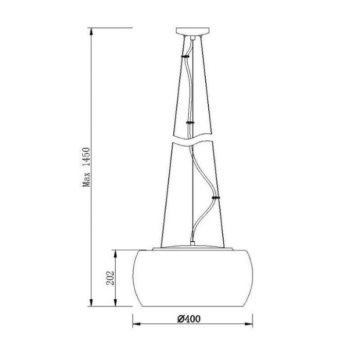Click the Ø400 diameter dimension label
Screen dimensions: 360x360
(189, 319)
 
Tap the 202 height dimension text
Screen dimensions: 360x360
(110, 278)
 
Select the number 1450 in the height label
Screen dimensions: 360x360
(86, 157)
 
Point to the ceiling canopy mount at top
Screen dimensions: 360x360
(193, 31)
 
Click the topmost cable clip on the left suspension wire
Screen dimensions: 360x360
(185, 56)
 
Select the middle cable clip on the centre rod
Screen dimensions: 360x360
(190, 122)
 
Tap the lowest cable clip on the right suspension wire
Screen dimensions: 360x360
(216, 197)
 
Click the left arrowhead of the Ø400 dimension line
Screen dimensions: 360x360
(137, 324)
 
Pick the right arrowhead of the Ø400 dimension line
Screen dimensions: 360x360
(248, 324)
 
